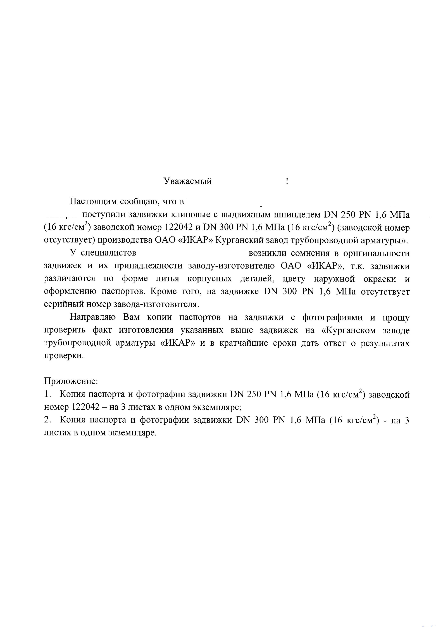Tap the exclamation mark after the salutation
(287, 181)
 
